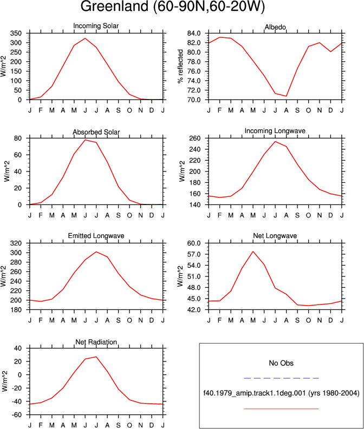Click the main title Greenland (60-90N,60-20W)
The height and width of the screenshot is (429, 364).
coord(173,6)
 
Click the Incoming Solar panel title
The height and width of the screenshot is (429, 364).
coord(96,26)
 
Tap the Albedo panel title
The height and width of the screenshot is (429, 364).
coord(275,27)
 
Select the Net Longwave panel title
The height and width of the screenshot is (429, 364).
coord(275,236)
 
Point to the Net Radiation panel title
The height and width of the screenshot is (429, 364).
coord(96,342)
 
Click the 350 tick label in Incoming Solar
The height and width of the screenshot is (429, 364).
coord(16,34)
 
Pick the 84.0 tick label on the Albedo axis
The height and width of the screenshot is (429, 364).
coord(194,34)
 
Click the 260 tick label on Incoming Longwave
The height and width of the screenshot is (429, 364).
coord(195,138)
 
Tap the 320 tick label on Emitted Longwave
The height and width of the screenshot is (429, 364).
coord(16,243)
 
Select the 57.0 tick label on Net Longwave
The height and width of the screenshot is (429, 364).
coord(194,254)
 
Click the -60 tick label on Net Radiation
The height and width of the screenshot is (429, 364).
coord(17,415)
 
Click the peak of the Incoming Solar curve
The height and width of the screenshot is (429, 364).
coord(85,38)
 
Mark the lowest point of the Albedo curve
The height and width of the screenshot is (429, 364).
coord(286,96)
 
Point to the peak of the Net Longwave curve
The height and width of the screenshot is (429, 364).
coord(253,252)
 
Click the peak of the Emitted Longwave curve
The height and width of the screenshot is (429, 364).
coord(96,252)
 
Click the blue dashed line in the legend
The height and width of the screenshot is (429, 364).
coord(281,378)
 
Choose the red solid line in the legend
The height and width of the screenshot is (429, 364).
coord(281,409)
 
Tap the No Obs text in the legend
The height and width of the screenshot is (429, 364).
coord(281,363)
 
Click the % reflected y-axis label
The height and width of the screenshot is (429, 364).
coord(180,67)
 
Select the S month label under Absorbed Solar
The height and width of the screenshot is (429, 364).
coord(118,216)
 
